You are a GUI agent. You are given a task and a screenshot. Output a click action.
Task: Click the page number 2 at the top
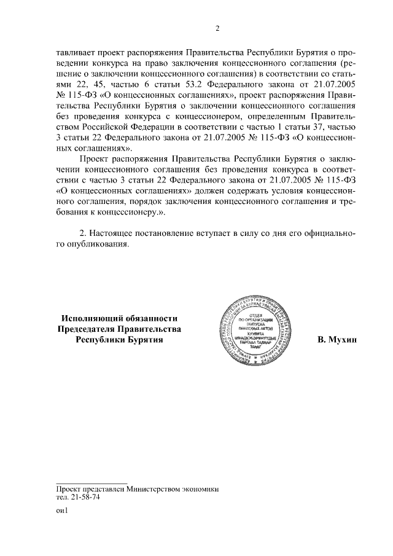click(217, 28)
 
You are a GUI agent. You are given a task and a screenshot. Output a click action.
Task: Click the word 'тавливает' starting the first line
click(74, 53)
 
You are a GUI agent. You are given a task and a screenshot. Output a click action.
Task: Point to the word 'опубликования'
click(98, 245)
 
